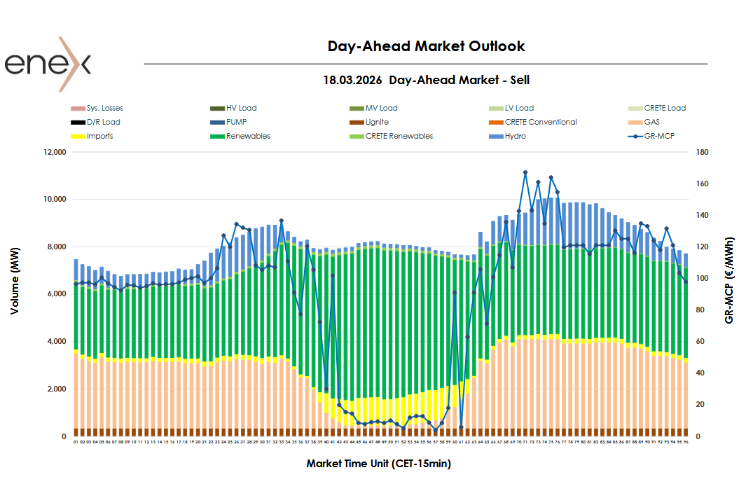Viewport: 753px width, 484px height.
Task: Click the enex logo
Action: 48,64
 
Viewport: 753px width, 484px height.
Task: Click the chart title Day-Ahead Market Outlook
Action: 426,46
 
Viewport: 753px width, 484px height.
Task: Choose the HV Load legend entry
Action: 241,109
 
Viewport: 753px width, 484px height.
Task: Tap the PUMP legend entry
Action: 236,123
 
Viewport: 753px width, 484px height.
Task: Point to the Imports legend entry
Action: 99,137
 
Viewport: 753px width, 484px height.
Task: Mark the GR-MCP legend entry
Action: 658,137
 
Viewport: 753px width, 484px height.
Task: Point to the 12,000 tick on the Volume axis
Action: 53,152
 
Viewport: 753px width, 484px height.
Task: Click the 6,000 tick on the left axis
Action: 55,294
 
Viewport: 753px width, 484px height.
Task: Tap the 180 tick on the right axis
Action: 703,152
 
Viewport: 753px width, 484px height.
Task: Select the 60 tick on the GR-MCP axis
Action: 701,342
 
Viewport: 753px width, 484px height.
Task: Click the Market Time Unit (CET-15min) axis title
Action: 378,464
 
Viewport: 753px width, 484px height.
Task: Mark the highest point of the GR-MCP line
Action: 525,172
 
